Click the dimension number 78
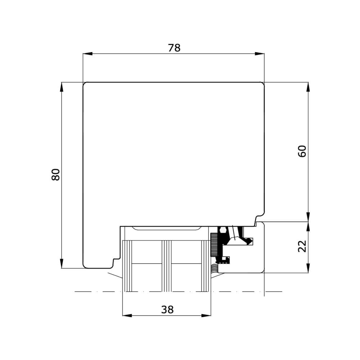tap(174, 48)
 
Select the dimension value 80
tap(56, 175)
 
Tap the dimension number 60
tap(302, 151)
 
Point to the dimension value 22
tap(302, 246)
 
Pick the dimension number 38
tap(167, 310)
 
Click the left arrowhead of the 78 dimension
tap(87, 54)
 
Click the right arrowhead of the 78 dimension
tap(260, 54)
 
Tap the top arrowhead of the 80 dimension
tap(62, 87)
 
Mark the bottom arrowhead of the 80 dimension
tap(62, 264)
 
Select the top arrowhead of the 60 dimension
tap(309, 87)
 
